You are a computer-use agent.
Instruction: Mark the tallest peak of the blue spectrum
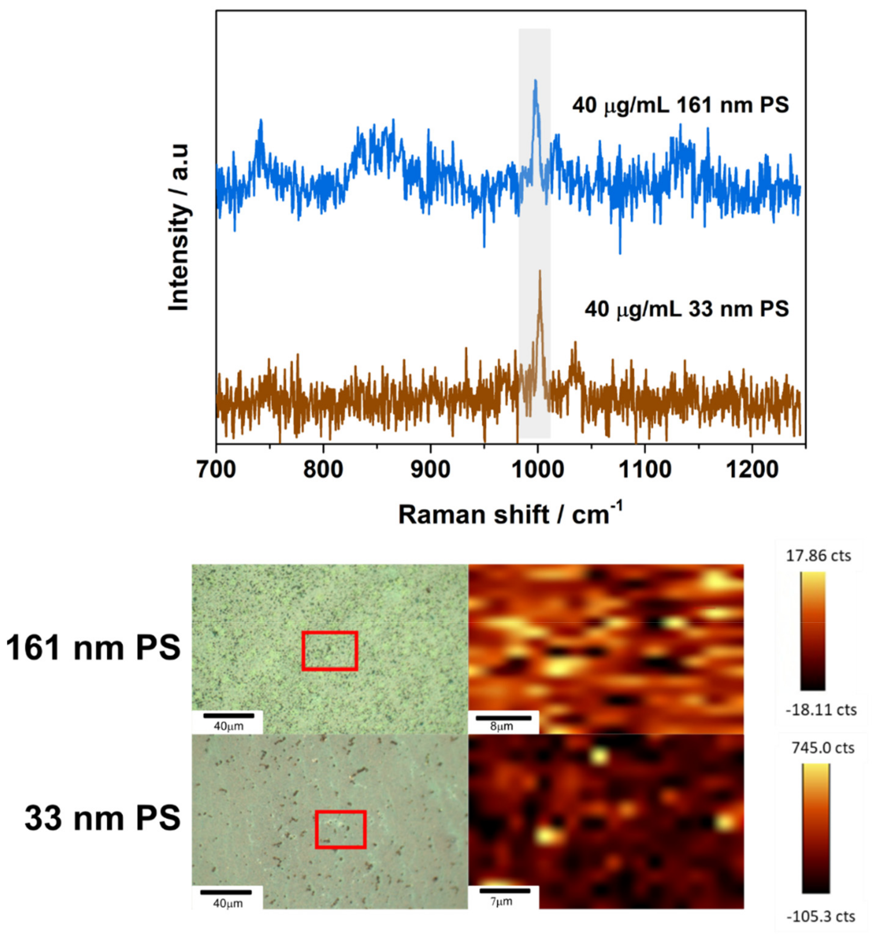pos(535,81)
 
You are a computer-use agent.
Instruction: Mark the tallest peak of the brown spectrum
pos(540,271)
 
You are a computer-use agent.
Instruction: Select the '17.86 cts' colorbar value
pos(818,556)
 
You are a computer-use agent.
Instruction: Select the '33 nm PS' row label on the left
pos(102,818)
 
